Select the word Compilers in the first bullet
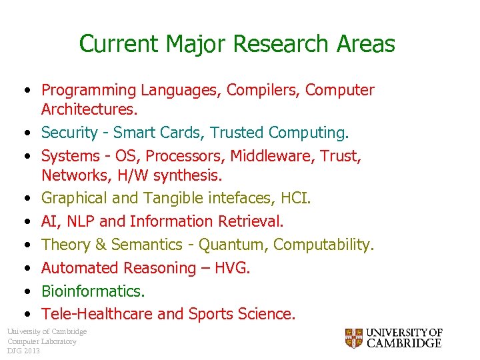[263, 90]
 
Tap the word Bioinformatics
[93, 291]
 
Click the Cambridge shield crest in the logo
[354, 338]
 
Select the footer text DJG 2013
[23, 351]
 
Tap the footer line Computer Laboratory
[41, 341]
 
